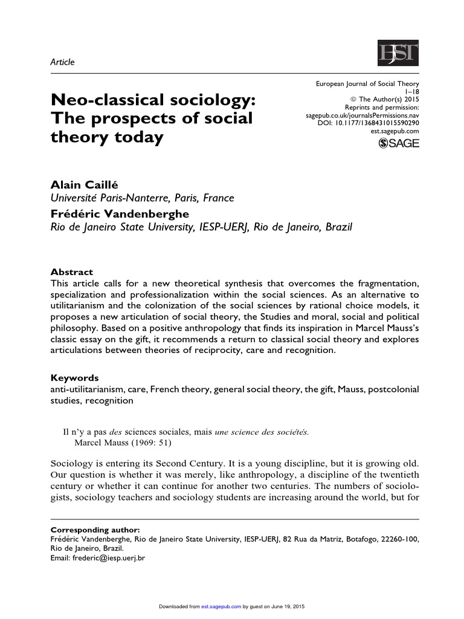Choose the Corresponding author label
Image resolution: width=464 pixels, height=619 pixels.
pyautogui.click(x=92, y=529)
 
